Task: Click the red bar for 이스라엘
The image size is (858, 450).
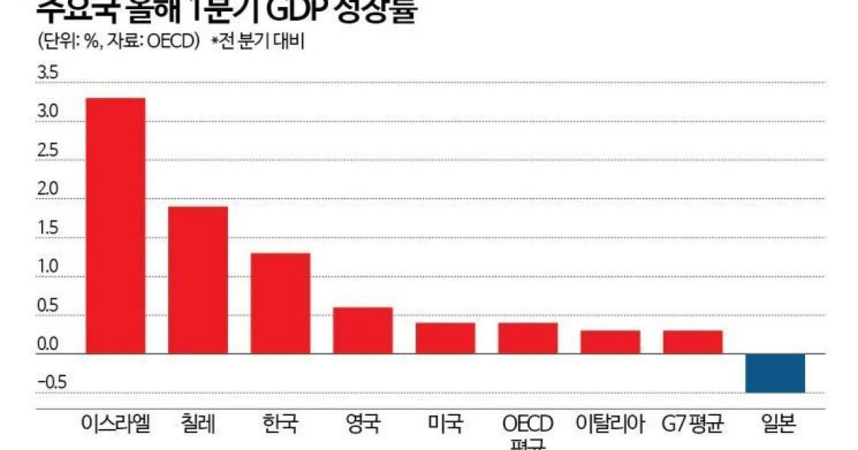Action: (115, 225)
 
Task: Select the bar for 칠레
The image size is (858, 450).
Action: (197, 279)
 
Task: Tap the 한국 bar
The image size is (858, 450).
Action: (280, 303)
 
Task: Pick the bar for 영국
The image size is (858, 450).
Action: (363, 330)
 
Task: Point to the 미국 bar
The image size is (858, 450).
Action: (445, 338)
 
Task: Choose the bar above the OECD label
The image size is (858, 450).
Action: (528, 338)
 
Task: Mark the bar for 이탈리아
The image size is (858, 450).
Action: (610, 341)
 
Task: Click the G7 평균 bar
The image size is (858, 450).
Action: (693, 341)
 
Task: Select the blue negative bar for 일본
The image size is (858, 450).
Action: (775, 373)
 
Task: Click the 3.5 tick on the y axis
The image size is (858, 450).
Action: (49, 74)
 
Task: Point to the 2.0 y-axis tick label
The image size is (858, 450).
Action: (49, 190)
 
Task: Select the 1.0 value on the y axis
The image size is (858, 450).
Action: (49, 268)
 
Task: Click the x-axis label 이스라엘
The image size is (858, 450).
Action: (115, 424)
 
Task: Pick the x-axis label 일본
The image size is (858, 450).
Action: (775, 424)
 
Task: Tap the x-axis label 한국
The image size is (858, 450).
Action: (280, 424)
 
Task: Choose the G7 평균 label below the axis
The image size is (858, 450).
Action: (693, 424)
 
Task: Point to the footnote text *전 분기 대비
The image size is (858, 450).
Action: (258, 42)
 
